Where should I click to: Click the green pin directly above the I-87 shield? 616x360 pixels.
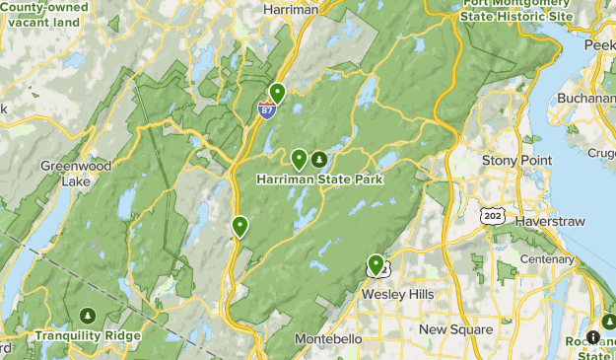277,94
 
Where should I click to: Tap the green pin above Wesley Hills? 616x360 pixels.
376,264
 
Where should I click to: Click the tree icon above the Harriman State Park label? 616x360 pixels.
318,159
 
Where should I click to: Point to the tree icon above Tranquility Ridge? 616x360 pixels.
88,316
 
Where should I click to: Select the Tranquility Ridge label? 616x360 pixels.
88,335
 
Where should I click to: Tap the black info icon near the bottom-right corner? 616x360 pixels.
593,337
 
